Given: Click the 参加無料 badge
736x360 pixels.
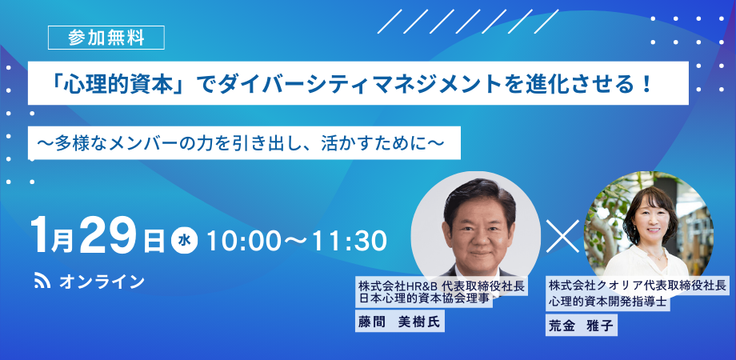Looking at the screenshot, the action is coord(106,38).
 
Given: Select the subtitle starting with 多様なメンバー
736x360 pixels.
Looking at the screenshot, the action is coord(244,142).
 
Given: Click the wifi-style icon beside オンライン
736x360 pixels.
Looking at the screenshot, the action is coord(42,281).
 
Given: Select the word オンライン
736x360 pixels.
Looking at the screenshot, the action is coord(102,282).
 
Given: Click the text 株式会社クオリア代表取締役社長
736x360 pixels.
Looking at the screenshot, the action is coord(637,285).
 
